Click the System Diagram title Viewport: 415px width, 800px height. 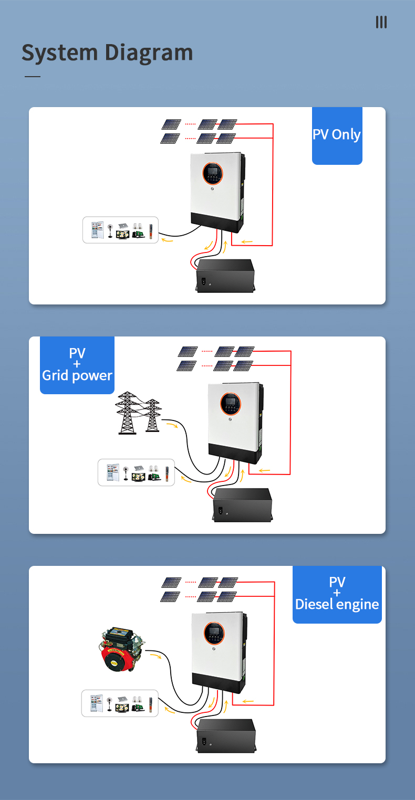point(107,53)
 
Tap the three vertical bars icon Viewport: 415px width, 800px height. point(381,22)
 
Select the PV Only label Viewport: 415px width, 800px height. point(337,135)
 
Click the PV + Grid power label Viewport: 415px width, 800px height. point(77,365)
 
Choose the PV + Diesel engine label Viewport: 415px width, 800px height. point(337,594)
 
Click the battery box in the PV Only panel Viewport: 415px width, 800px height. point(225,275)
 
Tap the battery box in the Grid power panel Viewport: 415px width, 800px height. point(242,504)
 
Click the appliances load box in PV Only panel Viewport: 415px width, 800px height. point(120,230)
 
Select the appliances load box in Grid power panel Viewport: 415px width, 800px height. point(136,472)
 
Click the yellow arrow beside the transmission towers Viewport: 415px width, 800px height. point(171,424)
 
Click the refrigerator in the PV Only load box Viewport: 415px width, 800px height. point(97,230)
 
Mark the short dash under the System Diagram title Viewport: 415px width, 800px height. point(33,77)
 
